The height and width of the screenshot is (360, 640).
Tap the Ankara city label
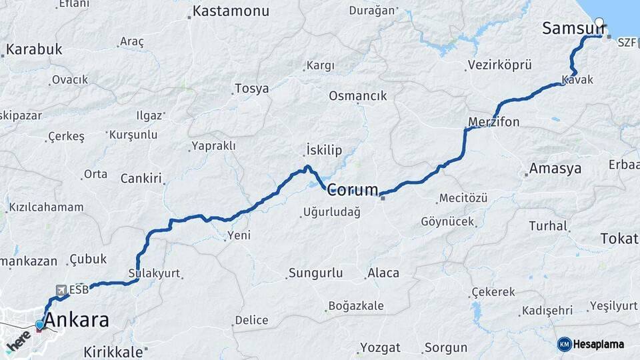[x=79, y=320]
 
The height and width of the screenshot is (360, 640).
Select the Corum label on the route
[x=353, y=189]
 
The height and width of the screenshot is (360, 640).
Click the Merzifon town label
[x=493, y=122]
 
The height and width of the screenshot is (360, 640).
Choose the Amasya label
[x=556, y=169]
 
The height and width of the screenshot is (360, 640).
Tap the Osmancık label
[x=357, y=96]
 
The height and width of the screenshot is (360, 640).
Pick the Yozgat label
[x=380, y=347]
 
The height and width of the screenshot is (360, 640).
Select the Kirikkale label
[x=113, y=352]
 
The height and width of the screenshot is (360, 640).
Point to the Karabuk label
[x=34, y=49]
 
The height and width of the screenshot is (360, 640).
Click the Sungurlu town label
[x=315, y=273]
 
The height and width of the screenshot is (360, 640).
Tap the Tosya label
[x=252, y=89]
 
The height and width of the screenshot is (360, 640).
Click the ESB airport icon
[x=61, y=290]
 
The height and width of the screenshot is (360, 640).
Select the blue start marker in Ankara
[x=39, y=325]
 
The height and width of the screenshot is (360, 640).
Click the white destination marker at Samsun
[x=599, y=22]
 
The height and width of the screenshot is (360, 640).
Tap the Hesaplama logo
[x=591, y=344]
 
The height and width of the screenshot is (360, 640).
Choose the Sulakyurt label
[x=154, y=273]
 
